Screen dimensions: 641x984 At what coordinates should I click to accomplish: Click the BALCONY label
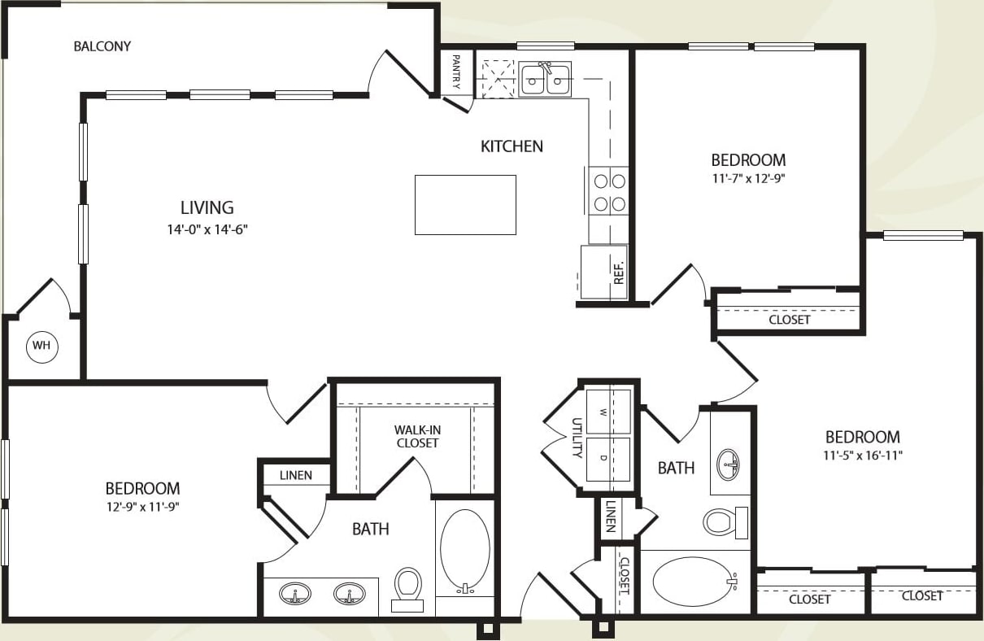click(102, 46)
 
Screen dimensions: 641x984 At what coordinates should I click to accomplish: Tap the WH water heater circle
click(41, 347)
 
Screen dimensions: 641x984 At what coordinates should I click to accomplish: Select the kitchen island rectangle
click(465, 205)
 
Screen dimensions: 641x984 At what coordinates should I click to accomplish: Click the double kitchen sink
click(546, 80)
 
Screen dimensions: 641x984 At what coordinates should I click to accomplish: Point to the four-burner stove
click(609, 190)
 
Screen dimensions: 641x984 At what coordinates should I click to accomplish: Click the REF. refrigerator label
click(619, 272)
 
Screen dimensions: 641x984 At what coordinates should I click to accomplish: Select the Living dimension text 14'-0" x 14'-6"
click(207, 229)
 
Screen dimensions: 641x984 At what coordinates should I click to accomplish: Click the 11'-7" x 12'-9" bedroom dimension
click(748, 180)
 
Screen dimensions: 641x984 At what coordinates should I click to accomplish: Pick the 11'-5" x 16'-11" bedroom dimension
click(863, 456)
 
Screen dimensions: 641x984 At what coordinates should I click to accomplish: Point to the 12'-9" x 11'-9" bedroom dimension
click(142, 508)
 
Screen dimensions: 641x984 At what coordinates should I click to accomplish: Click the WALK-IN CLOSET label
click(417, 436)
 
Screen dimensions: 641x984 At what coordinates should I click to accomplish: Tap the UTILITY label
click(577, 438)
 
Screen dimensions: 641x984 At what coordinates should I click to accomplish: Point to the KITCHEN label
click(512, 146)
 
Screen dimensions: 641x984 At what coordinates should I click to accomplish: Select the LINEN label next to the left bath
click(295, 475)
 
